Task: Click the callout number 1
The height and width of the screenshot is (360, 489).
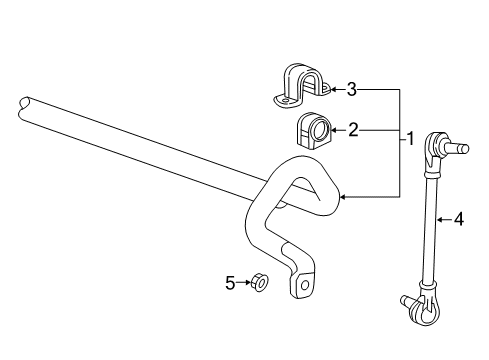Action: click(409, 139)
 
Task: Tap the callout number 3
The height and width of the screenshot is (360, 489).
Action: click(351, 90)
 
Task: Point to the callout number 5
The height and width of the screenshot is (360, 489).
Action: click(230, 283)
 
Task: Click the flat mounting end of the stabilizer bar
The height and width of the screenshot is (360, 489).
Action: click(302, 283)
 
